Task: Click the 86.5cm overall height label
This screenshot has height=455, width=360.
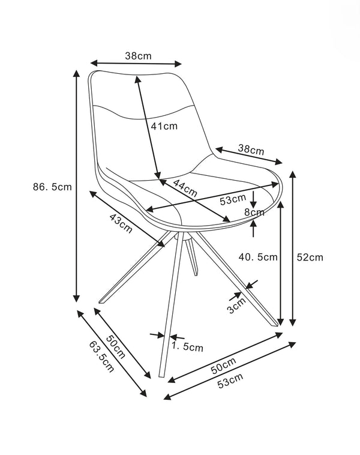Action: pyautogui.click(x=52, y=187)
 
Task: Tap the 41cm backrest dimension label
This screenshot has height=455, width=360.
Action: pyautogui.click(x=164, y=126)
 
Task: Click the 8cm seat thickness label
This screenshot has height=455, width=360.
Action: pyautogui.click(x=254, y=212)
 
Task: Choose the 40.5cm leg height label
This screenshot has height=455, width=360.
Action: pyautogui.click(x=258, y=257)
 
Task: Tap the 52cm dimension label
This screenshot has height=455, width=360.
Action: pyautogui.click(x=310, y=257)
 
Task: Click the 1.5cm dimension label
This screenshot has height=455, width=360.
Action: pyautogui.click(x=187, y=346)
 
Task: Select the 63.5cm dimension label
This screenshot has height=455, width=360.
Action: pyautogui.click(x=101, y=355)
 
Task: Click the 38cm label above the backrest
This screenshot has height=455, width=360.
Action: pyautogui.click(x=137, y=56)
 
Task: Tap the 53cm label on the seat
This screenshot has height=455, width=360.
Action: pyautogui.click(x=232, y=199)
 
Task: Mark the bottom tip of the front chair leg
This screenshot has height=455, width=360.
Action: pyautogui.click(x=161, y=376)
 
